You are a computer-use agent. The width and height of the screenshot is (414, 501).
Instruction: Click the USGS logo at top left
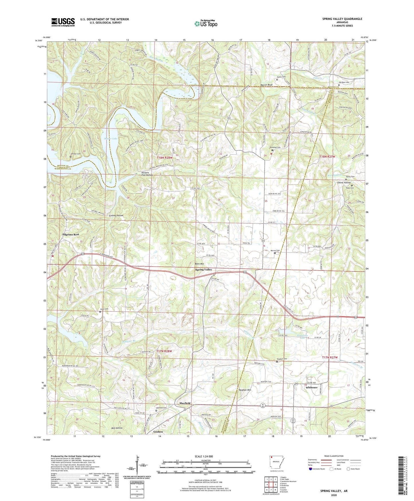coord(63,22)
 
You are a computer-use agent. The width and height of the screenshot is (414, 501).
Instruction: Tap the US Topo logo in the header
coord(206,24)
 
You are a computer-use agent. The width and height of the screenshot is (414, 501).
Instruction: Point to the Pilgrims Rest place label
coord(71,234)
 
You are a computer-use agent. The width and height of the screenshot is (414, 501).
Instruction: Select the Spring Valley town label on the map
coord(204,270)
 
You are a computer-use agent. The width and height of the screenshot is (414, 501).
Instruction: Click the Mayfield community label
coord(185,403)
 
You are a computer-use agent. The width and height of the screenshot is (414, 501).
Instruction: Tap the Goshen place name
coord(158,432)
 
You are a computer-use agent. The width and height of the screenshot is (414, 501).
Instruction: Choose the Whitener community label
coord(311,387)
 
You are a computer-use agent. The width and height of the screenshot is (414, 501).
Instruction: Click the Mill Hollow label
coord(117,428)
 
